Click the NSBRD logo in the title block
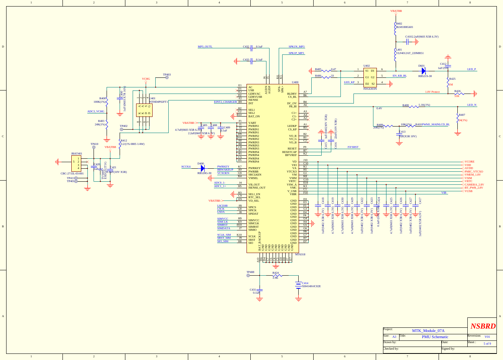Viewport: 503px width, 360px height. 483,326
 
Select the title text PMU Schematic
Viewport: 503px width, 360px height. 435,337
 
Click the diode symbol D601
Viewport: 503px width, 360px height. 424,71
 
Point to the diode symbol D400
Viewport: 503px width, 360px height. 202,168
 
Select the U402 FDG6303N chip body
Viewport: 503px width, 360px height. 370,77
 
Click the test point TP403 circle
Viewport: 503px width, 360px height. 167,77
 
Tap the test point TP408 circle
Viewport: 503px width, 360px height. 248,275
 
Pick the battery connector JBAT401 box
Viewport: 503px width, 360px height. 76,163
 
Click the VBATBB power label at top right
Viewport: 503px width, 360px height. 396,11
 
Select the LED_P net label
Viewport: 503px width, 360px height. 472,69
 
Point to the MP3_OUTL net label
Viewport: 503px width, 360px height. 205,47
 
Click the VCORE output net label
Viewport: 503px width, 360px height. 469,162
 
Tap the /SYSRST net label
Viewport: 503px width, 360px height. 353,147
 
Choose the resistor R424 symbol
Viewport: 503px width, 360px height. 277,275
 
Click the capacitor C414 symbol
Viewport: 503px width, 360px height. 299,285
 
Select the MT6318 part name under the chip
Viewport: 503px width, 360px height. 300,255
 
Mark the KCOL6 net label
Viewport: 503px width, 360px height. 186,167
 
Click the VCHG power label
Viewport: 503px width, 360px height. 146,79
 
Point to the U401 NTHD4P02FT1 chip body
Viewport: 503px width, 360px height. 144,110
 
